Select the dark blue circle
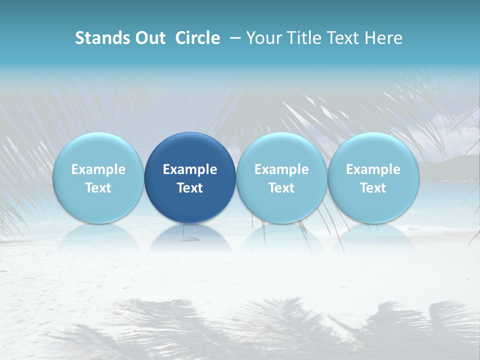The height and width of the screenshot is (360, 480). (x=190, y=177)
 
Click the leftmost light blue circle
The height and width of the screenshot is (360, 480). (x=98, y=177)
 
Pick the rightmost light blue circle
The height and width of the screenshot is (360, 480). (x=373, y=177)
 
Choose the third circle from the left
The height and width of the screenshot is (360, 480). (x=281, y=177)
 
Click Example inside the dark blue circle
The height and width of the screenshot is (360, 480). (x=190, y=169)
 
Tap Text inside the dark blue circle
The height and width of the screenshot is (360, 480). (x=190, y=188)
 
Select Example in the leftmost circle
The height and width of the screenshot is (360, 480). (x=98, y=169)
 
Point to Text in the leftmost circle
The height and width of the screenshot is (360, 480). (x=98, y=188)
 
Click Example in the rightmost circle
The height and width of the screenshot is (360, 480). (x=373, y=169)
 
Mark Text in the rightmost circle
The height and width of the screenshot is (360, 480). (x=373, y=188)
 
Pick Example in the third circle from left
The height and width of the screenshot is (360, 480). (x=281, y=169)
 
